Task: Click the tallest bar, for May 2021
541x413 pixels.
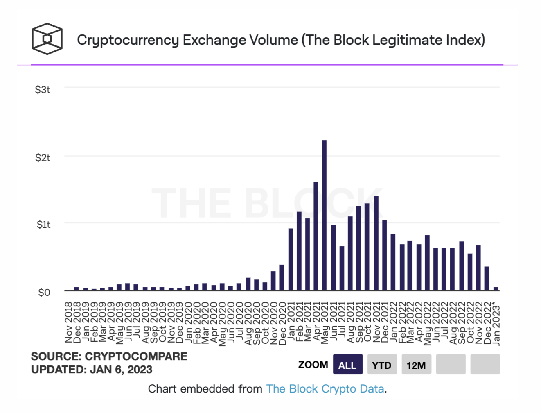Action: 324,215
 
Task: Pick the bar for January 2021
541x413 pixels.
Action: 291,259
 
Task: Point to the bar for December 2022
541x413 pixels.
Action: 487,278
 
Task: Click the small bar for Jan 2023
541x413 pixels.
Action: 496,288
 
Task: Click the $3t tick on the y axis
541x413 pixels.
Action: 43,90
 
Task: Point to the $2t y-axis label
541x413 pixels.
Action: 43,158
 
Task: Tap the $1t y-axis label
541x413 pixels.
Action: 43,225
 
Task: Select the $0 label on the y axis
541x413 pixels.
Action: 44,293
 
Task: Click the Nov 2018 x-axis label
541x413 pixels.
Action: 69,322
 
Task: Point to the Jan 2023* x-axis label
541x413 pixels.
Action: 496,324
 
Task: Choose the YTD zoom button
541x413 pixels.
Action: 382,365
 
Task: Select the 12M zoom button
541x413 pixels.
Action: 416,365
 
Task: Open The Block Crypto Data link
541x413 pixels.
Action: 325,389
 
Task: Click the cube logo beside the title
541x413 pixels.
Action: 47,39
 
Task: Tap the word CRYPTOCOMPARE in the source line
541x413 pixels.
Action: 136,356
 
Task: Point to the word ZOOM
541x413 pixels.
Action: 313,365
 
